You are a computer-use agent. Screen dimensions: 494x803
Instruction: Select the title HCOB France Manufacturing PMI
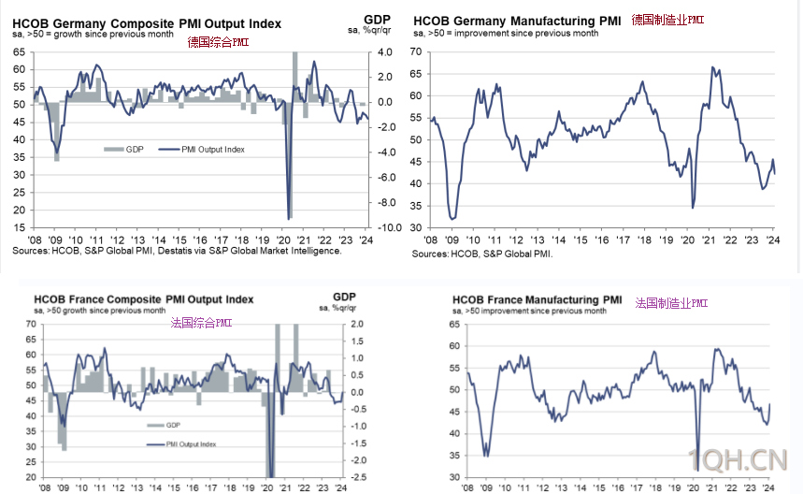[x=538, y=300]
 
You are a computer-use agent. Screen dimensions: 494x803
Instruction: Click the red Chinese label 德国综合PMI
[x=218, y=42]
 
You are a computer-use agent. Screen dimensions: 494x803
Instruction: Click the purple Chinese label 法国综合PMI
[x=201, y=323]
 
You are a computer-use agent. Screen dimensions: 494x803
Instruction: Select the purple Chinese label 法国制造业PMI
[x=671, y=303]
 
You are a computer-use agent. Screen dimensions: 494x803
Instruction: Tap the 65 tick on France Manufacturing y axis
[x=455, y=325]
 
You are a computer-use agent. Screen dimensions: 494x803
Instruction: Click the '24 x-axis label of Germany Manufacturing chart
[x=772, y=240]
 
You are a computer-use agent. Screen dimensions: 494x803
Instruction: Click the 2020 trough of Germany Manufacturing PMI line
[x=693, y=207]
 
